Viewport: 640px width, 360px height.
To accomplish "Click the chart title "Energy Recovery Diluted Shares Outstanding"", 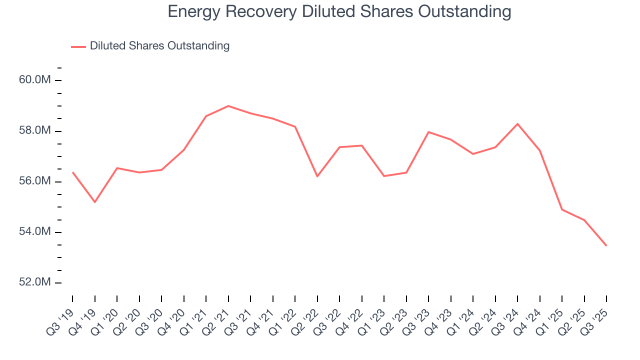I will coord(339,11).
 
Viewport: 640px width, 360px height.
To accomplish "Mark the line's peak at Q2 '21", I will coord(228,106).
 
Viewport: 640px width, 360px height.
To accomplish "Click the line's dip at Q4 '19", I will coord(95,202).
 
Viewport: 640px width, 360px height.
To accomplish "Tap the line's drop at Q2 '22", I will coord(317,176).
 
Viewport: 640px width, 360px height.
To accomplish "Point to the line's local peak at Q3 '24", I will coord(517,123).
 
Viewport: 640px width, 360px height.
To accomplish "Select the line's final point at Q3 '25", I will coord(606,245).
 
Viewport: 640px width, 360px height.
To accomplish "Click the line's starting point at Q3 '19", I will coord(72,172).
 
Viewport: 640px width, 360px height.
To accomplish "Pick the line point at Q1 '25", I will coord(562,209).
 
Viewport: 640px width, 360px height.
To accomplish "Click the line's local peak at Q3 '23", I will coord(428,132).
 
